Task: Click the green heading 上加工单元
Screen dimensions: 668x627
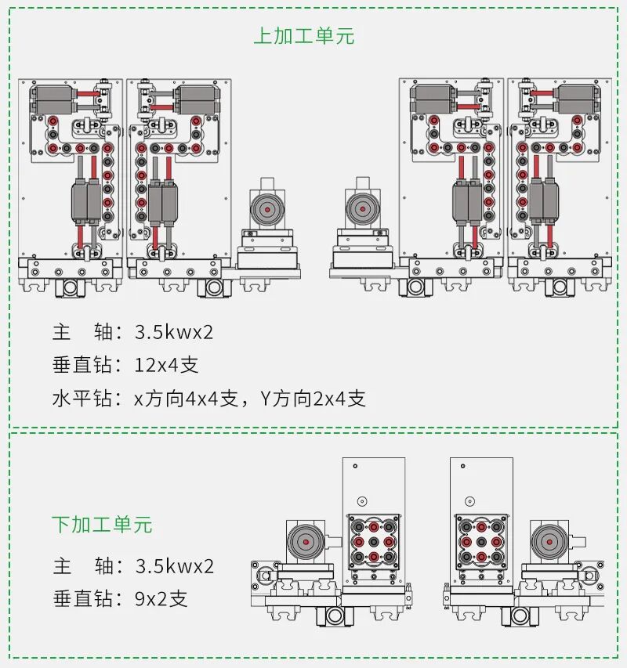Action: (x=303, y=36)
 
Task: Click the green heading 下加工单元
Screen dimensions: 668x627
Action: (x=102, y=524)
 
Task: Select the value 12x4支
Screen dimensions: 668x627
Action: (x=167, y=365)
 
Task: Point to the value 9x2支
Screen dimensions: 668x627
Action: (x=161, y=600)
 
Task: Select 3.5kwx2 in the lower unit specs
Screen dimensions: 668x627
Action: (x=174, y=565)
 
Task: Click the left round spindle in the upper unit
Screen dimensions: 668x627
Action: (x=267, y=209)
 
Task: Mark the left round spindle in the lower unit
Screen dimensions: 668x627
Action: (x=304, y=541)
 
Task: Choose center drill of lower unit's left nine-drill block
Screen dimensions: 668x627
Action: (x=373, y=541)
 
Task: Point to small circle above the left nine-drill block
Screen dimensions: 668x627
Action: (x=361, y=501)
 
